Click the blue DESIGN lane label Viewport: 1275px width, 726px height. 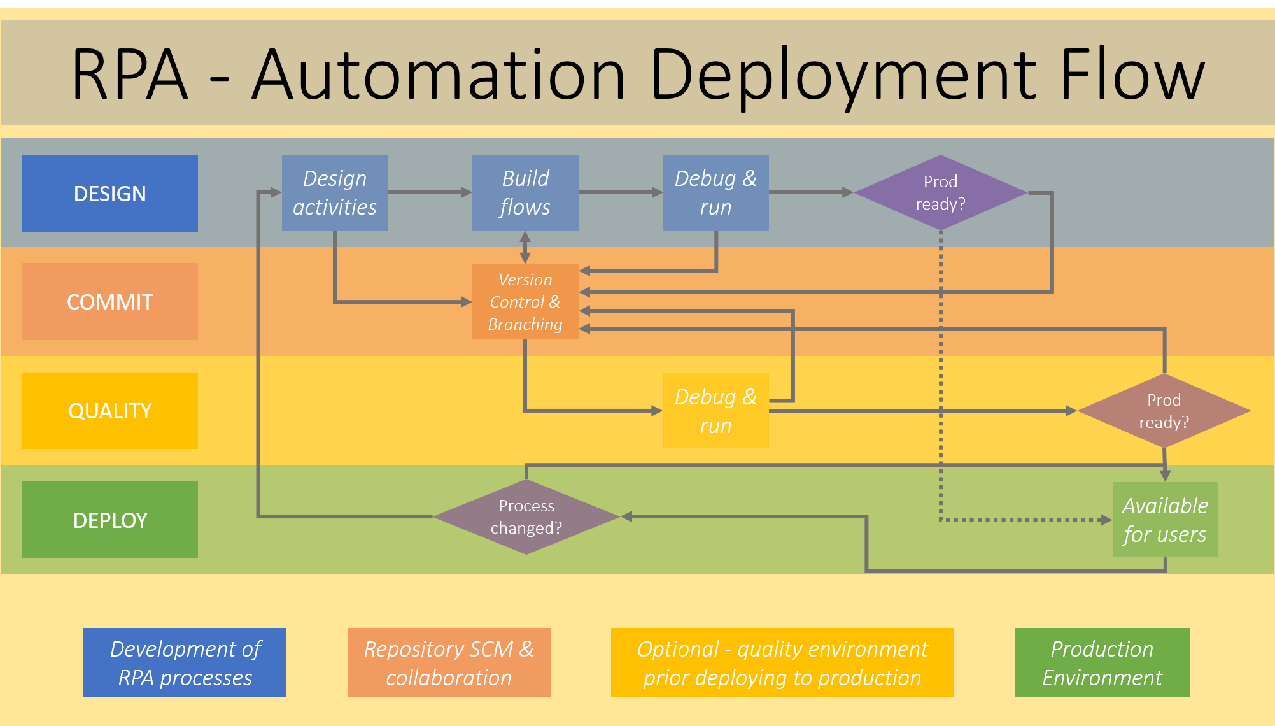coord(109,193)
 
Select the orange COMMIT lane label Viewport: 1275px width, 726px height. coord(109,301)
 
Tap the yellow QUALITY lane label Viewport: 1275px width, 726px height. coord(109,411)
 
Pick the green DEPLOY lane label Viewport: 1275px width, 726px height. coord(109,520)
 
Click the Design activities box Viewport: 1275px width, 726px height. coord(334,192)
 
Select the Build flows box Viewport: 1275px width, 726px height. coord(525,192)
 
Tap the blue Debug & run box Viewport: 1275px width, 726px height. coord(715,192)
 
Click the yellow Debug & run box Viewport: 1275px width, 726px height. coord(715,411)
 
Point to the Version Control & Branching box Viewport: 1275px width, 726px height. coord(525,301)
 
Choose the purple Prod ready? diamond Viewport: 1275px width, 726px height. coord(940,192)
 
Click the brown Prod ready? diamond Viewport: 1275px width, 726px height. coord(1164,411)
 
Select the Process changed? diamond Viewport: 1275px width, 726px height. coord(526,516)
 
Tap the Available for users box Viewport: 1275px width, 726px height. coord(1165,520)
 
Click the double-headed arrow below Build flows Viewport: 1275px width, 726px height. coord(525,247)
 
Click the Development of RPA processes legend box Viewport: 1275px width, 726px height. coord(185,662)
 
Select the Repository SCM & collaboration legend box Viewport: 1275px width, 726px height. coord(449,662)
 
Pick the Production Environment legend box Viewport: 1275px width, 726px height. coord(1102,662)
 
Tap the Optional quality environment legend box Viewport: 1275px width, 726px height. coord(782,662)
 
